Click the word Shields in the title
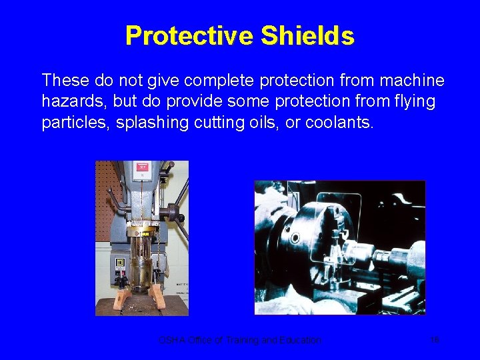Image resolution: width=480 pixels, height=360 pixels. coord(307,35)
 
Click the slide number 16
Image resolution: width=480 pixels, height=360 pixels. coord(434,340)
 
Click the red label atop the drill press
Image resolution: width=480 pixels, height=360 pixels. coord(141,167)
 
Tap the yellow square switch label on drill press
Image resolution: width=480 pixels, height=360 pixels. coord(120,262)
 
